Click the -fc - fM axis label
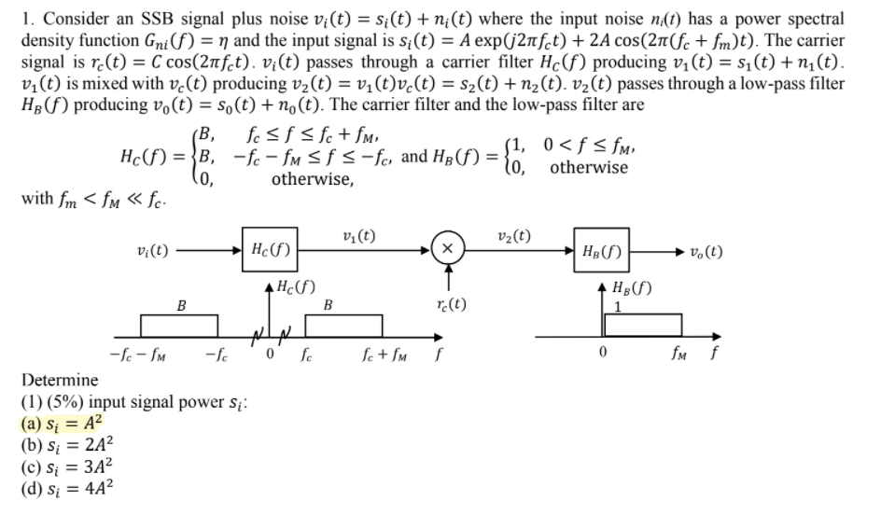point(129,355)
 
